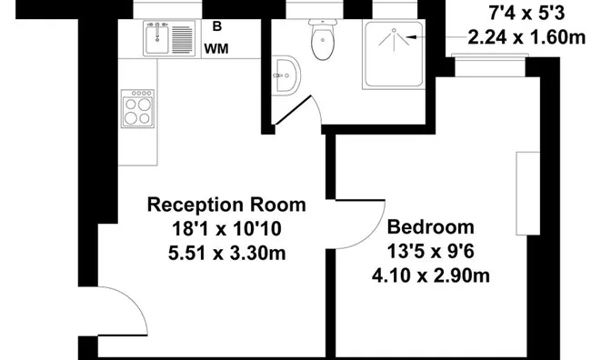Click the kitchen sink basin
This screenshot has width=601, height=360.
(156, 39)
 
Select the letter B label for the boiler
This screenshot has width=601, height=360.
(216, 26)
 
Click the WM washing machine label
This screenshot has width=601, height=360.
(215, 48)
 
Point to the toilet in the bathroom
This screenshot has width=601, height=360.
(323, 40)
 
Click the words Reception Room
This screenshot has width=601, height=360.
(226, 204)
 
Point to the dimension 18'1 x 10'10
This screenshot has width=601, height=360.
(226, 228)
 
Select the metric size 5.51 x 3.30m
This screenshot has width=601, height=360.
(226, 253)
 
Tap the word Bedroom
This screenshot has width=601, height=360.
(431, 227)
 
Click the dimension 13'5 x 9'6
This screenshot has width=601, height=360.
(431, 251)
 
